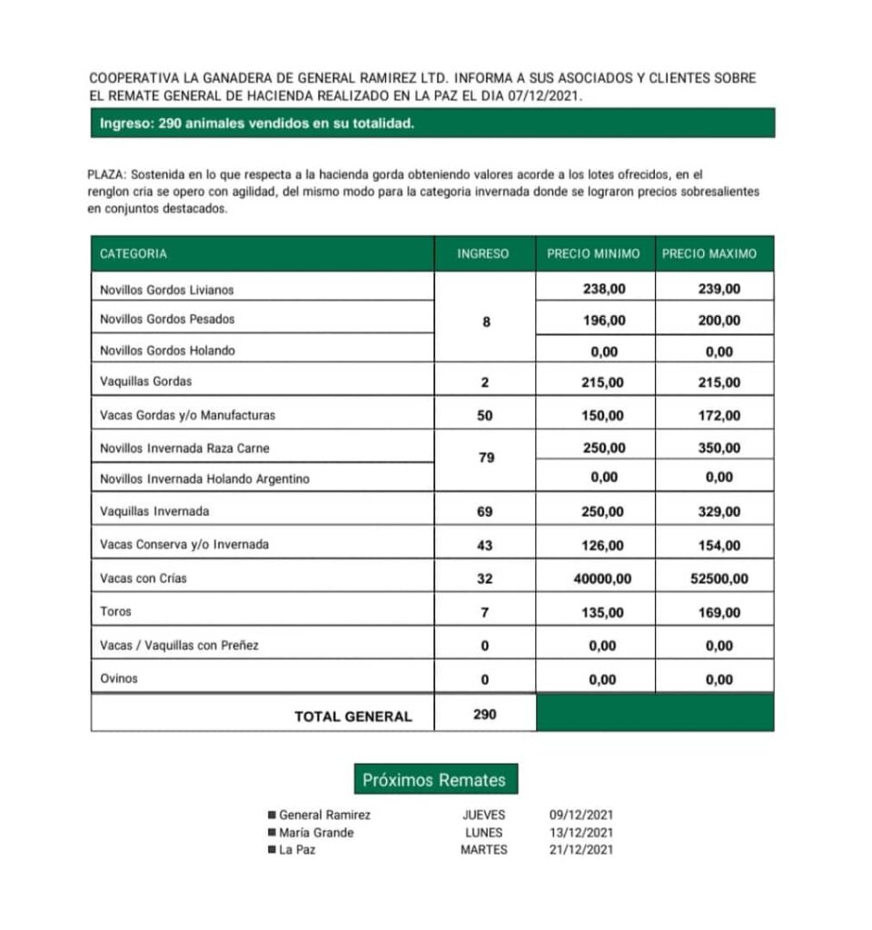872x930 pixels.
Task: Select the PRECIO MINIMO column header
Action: [x=593, y=254]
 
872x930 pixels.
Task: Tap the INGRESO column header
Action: [x=483, y=254]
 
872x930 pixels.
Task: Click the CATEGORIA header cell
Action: [x=134, y=254]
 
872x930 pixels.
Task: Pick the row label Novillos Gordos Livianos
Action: [x=166, y=290]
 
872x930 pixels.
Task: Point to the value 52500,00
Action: [x=719, y=579]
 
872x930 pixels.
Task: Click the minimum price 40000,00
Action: [x=602, y=579]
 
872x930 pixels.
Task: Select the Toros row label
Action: [x=115, y=612]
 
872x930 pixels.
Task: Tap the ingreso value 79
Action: [x=485, y=458]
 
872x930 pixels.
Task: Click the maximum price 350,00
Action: [x=719, y=448]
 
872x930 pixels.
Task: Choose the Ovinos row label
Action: [x=119, y=678]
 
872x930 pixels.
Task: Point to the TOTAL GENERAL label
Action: [x=352, y=717]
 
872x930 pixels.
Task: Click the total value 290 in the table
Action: [x=485, y=715]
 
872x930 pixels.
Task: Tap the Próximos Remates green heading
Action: [x=435, y=779]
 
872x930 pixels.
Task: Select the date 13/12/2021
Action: [x=581, y=833]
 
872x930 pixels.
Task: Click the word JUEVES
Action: [x=484, y=816]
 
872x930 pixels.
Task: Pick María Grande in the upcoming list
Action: [x=316, y=833]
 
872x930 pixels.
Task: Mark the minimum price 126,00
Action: [x=602, y=546]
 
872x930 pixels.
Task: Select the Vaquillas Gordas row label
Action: [x=145, y=381]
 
